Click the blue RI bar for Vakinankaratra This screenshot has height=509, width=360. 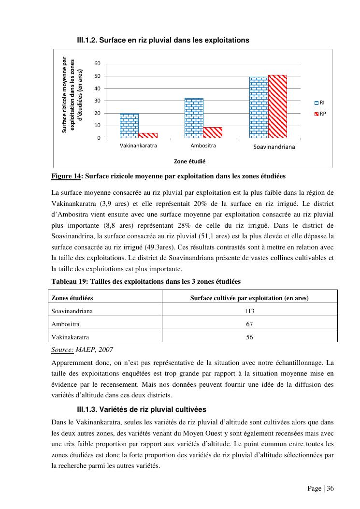click(129, 126)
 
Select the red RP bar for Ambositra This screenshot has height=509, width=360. click(213, 132)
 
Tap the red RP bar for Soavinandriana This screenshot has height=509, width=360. click(277, 106)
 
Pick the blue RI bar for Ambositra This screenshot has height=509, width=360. click(194, 118)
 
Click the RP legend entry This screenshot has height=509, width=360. click(320, 114)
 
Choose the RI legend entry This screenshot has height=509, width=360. click(320, 102)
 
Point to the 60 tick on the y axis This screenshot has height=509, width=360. click(98, 64)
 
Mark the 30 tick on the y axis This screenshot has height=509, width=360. click(98, 101)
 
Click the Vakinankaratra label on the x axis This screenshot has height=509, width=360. click(138, 145)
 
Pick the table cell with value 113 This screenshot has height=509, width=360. click(249, 311)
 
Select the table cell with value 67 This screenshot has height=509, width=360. click(249, 324)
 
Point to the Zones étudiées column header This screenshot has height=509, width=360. click(72, 298)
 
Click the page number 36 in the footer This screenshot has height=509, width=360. click(330, 488)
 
